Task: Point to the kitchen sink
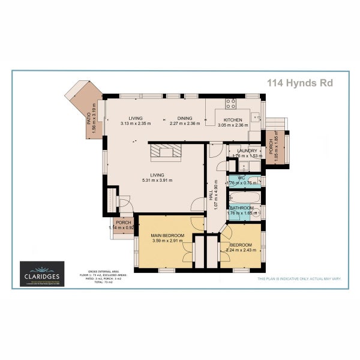coord(254,118)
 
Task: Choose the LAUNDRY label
coord(247,151)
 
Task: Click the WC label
coord(241,178)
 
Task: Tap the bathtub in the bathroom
coord(245,197)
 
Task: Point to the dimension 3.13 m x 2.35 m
coord(135,123)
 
